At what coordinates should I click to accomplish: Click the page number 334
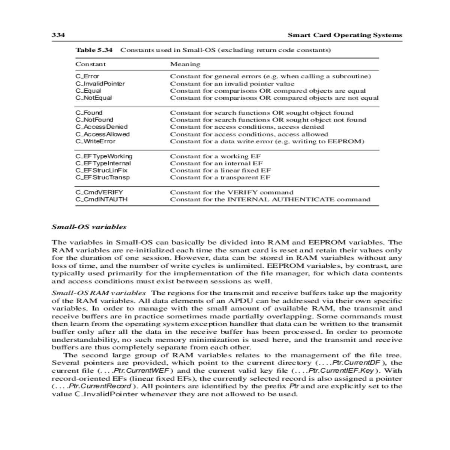[58, 35]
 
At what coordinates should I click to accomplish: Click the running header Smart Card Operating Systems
[345, 35]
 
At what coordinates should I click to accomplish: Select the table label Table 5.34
[94, 50]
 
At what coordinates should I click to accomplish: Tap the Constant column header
[91, 64]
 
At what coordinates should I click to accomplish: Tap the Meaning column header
[185, 64]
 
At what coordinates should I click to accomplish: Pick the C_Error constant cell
[87, 76]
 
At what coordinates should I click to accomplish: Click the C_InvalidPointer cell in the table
[100, 84]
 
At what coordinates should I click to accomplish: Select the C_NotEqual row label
[94, 98]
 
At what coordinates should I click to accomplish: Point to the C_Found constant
[89, 112]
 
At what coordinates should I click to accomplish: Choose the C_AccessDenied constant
[102, 127]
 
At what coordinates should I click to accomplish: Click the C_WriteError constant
[96, 141]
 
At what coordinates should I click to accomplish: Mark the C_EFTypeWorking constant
[104, 156]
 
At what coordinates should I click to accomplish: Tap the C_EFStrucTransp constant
[103, 177]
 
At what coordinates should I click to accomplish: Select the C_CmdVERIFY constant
[99, 192]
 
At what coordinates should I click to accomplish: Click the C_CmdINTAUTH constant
[102, 199]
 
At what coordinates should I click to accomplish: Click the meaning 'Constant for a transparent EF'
[220, 177]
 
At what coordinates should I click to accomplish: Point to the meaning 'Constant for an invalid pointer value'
[232, 84]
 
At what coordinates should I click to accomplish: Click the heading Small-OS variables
[89, 227]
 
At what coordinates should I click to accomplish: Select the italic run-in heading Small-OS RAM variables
[99, 293]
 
